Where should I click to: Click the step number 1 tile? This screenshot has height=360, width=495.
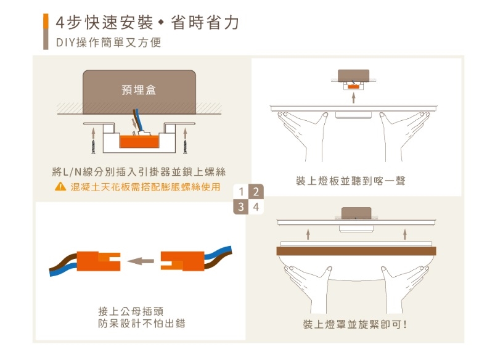click(241, 191)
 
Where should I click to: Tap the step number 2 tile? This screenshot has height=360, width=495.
click(256, 191)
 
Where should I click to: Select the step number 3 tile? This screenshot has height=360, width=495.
click(241, 207)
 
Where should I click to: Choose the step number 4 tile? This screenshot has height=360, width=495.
click(256, 207)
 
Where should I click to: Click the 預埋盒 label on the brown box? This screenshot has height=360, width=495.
click(139, 90)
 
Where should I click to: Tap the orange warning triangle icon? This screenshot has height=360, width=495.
click(60, 187)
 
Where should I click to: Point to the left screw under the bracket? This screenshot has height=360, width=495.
click(93, 147)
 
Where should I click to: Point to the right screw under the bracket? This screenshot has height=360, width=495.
click(186, 147)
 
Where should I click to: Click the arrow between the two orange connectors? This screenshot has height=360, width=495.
click(141, 261)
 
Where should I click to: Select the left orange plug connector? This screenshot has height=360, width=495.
click(99, 261)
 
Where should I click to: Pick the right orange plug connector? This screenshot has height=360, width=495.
click(182, 261)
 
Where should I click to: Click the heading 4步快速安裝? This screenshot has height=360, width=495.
click(105, 23)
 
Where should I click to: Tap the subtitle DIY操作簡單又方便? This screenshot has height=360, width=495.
click(108, 43)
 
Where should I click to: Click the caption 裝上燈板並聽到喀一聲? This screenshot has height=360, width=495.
click(351, 181)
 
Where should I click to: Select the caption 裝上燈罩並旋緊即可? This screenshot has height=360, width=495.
click(355, 324)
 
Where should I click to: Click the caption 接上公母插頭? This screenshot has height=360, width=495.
click(131, 311)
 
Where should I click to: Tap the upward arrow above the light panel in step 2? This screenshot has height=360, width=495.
click(354, 98)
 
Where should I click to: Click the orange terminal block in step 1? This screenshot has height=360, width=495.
click(139, 141)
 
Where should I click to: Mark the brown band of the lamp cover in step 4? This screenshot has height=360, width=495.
click(356, 251)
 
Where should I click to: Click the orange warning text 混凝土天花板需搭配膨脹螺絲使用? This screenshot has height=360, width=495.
click(145, 187)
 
